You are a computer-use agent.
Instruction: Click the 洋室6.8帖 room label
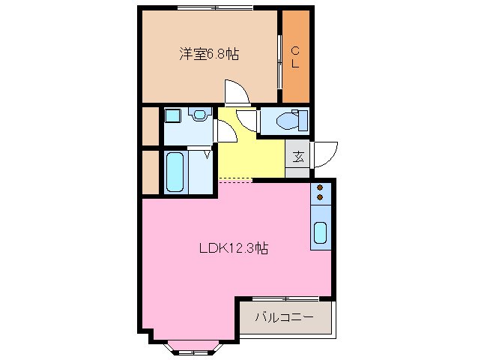pos(209,54)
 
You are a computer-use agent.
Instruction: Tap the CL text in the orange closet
pos(295,57)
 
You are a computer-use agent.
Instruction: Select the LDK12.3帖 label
pos(233,249)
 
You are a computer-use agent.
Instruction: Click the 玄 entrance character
pos(297,157)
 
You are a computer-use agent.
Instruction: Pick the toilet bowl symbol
pos(289,120)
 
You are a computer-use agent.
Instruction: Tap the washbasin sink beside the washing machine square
pos(199,115)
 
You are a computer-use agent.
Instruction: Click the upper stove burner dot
pos(320,187)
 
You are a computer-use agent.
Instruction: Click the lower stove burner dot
pos(320,197)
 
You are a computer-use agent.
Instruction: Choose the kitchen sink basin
pos(320,233)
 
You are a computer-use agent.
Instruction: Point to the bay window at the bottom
pos(193,348)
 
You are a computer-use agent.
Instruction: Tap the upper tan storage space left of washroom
pos(150,126)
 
